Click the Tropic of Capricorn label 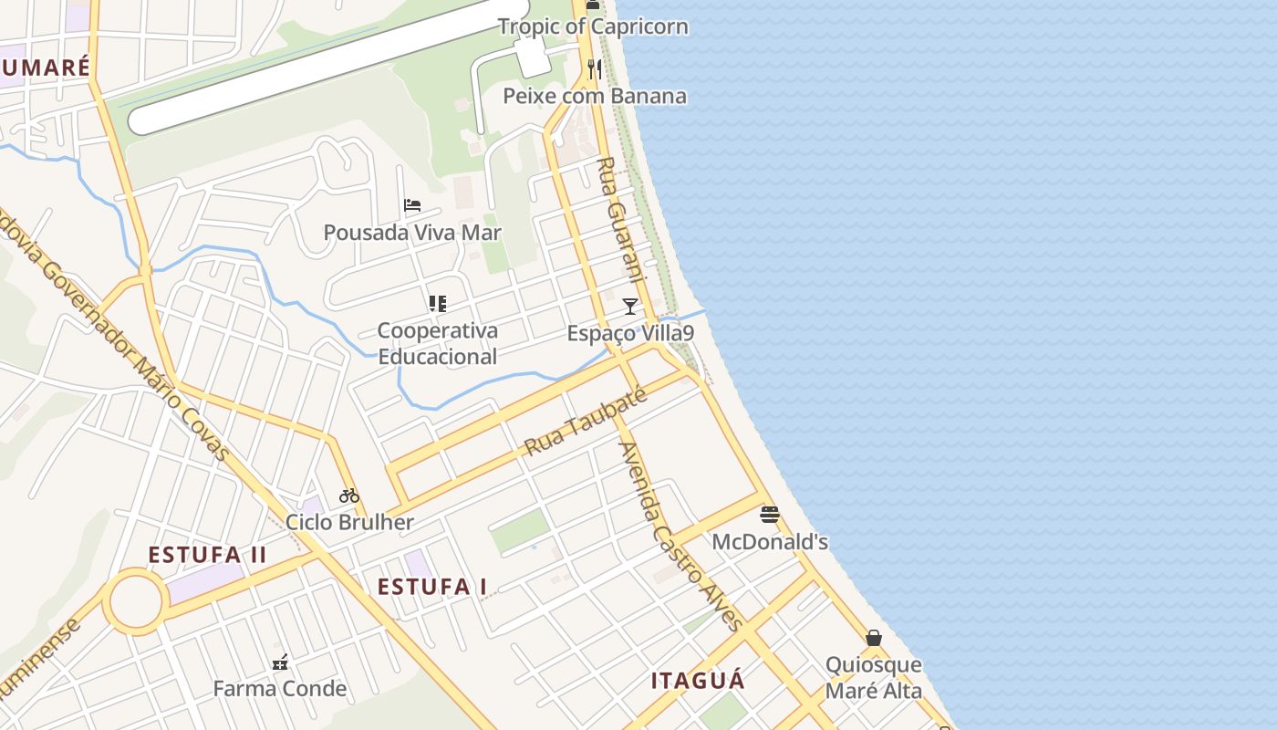pos(592,26)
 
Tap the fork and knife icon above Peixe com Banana pos(594,68)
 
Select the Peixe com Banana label pos(595,96)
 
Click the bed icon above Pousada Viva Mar pos(412,205)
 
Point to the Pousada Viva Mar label pos(412,233)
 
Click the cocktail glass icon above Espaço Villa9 pos(630,306)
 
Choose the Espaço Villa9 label pos(630,333)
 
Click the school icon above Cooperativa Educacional pos(438,303)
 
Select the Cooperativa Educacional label pos(438,343)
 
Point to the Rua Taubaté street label pos(587,422)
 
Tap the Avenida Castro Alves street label pos(679,537)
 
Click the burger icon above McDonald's pos(770,515)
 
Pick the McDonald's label pos(770,542)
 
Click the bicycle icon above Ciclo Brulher pos(349,495)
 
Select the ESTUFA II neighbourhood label pos(207,555)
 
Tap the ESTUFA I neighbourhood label pos(432,587)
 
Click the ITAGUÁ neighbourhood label pos(698,681)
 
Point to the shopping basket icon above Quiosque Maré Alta pos(874,638)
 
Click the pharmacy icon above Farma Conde pos(280,662)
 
